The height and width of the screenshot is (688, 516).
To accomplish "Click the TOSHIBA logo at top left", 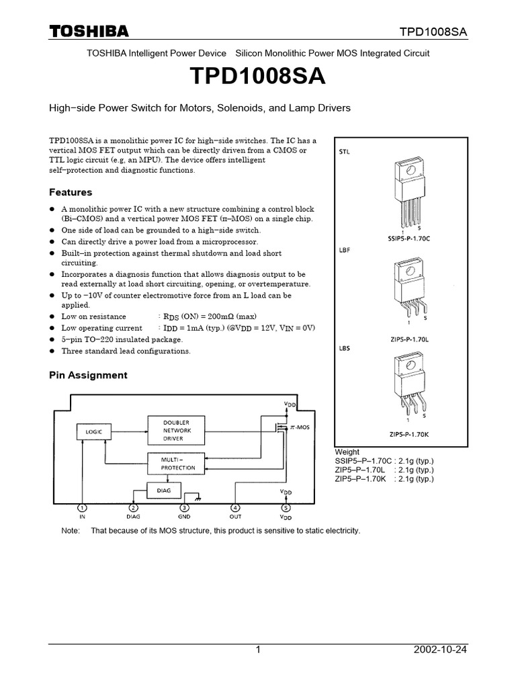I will (89, 32).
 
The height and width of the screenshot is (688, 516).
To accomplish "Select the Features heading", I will (71, 192).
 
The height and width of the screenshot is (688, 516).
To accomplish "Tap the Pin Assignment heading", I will (88, 375).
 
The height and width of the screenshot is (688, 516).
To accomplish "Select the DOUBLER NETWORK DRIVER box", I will (177, 430).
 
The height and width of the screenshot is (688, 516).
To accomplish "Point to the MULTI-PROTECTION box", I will (177, 463).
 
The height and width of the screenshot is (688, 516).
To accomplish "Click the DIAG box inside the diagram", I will (163, 490).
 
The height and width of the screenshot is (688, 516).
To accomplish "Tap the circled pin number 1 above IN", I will (81, 508).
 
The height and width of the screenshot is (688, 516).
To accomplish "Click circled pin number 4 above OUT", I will (235, 508).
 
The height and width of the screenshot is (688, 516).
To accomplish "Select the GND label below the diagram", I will (185, 518).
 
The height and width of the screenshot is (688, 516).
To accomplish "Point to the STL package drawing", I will (403, 191).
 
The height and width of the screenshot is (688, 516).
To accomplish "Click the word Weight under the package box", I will (347, 452).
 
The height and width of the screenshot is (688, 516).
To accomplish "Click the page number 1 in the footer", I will (258, 650).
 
